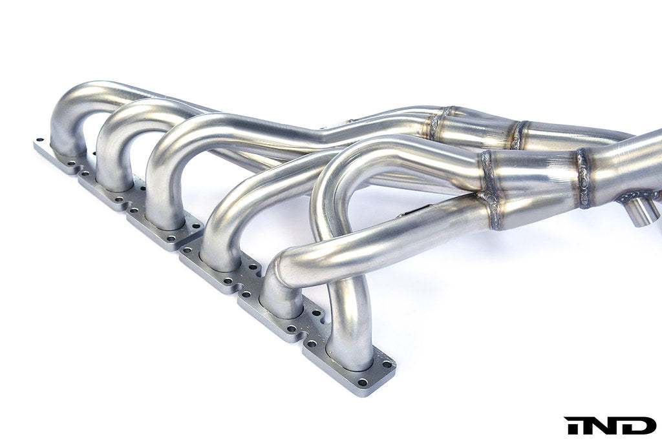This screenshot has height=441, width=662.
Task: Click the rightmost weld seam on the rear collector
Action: [x=518, y=134]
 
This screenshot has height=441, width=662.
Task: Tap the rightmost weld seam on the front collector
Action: [x=583, y=178]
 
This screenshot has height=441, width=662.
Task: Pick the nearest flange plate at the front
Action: [x=349, y=368]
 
